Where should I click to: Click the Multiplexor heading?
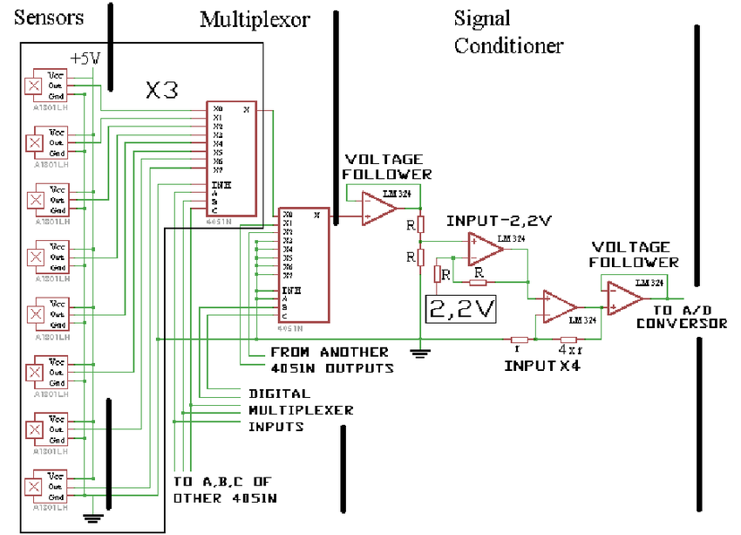click(255, 18)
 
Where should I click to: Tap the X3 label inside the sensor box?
click(164, 89)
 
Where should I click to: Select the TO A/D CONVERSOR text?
click(681, 316)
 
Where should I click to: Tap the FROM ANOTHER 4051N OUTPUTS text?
click(330, 360)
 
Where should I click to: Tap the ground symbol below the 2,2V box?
click(419, 353)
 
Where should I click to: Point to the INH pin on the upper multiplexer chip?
click(220, 185)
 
